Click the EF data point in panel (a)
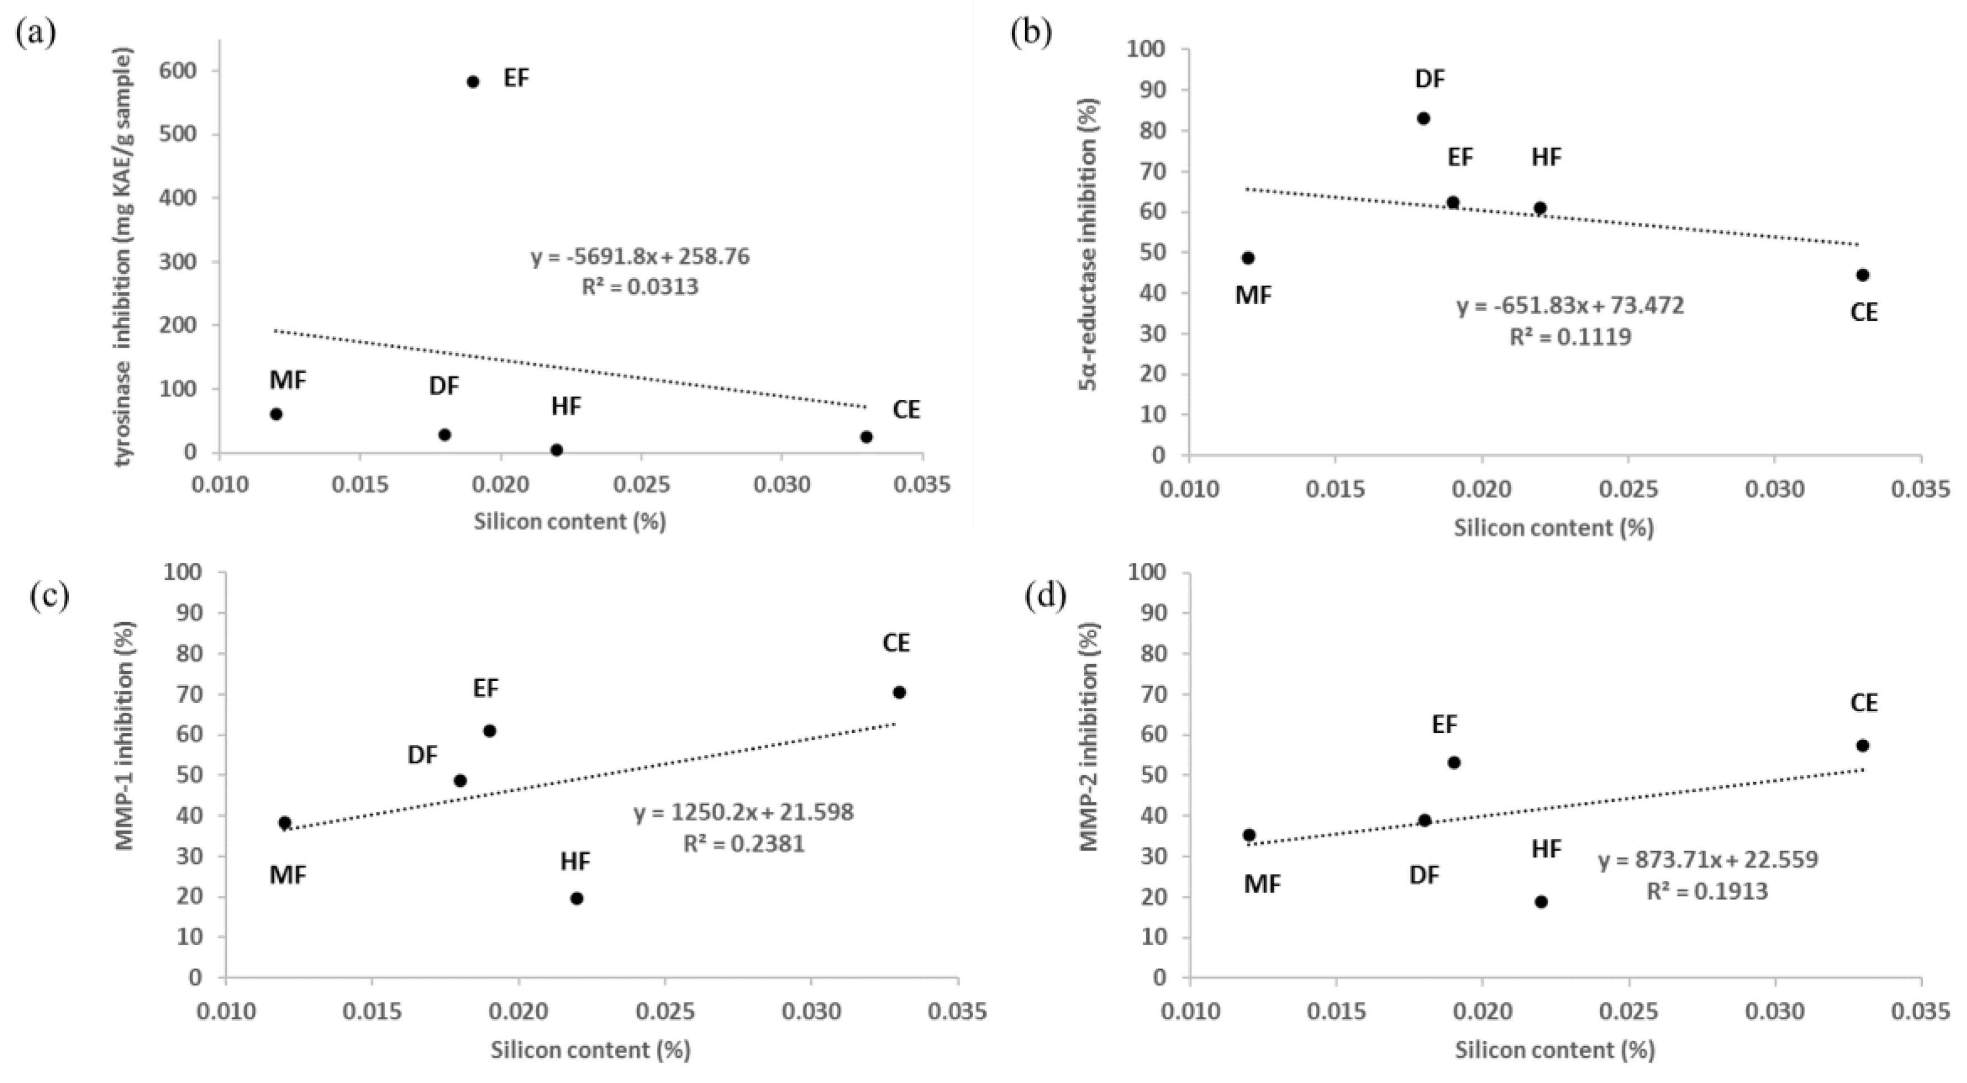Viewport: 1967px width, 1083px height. click(473, 82)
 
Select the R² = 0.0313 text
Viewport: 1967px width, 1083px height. click(640, 287)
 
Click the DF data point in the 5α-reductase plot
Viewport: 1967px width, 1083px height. click(1423, 118)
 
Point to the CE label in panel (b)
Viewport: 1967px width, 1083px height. click(1864, 313)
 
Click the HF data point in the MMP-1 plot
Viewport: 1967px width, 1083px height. click(577, 899)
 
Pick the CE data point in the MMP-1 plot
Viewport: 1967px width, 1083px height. click(899, 693)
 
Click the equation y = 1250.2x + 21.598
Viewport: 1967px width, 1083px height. click(744, 813)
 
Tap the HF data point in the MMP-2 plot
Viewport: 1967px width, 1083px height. click(1541, 902)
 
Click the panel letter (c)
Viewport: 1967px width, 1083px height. click(50, 596)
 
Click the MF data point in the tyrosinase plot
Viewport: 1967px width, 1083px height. click(277, 414)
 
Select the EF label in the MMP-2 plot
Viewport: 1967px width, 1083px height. click(1445, 724)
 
